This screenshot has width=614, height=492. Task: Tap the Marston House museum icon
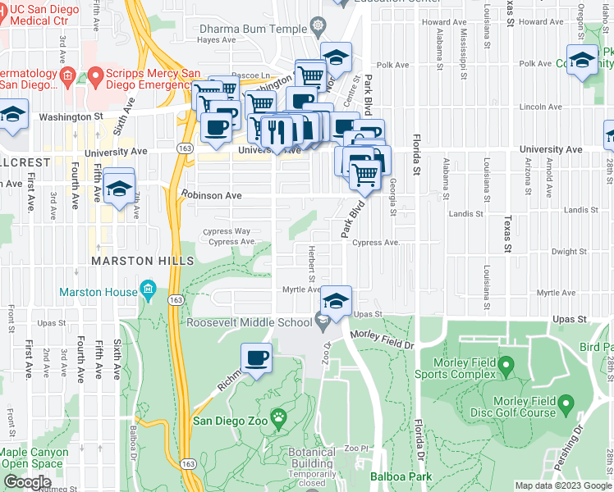(x=148, y=289)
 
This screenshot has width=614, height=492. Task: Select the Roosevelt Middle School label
(x=250, y=322)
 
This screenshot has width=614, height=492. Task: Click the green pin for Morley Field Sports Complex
(x=506, y=363)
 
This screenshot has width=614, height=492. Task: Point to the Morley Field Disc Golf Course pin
(x=566, y=403)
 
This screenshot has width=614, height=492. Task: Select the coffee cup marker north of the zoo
(x=256, y=358)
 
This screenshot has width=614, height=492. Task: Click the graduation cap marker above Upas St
(x=336, y=302)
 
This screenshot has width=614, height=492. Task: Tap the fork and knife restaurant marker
(x=276, y=131)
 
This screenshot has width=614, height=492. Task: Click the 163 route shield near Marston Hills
(x=176, y=301)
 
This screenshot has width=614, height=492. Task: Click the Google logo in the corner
(x=27, y=482)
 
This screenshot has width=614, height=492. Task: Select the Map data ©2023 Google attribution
(x=562, y=485)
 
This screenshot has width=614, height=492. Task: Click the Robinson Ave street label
(x=212, y=196)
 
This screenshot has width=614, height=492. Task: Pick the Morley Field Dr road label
(x=383, y=336)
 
